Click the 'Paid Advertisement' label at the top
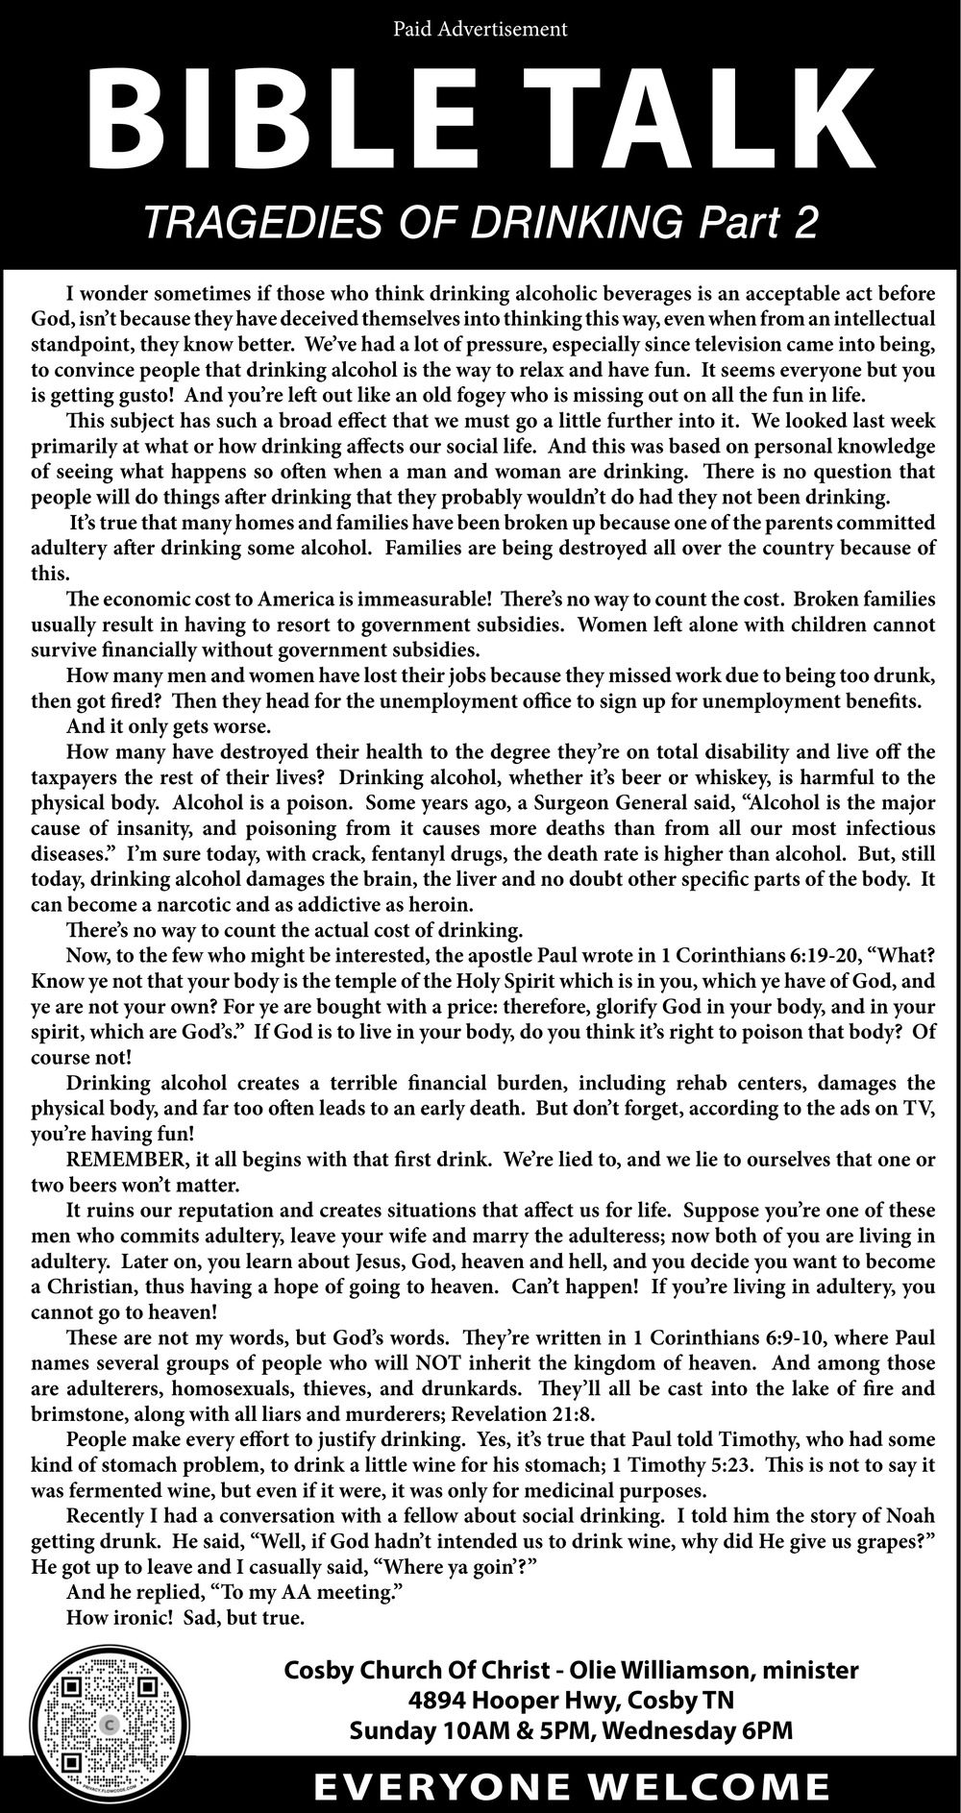(480, 30)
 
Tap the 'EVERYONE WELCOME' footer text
(574, 1786)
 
